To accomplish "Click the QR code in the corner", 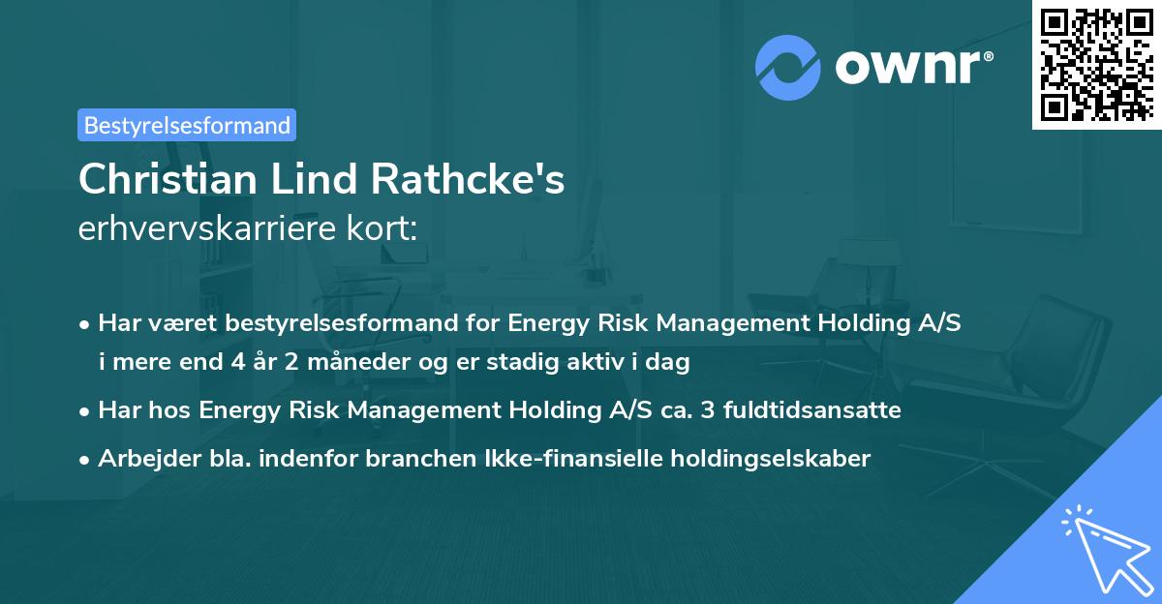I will tap(1095, 64).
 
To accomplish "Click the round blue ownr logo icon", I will tap(788, 67).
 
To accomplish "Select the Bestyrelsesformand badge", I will tap(187, 125).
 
